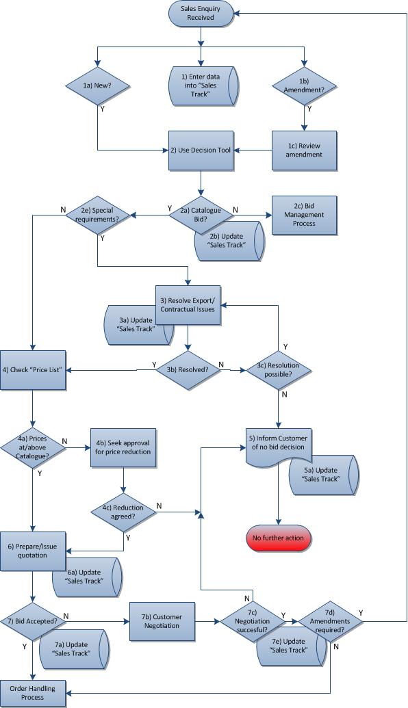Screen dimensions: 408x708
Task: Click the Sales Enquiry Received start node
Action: coord(201,13)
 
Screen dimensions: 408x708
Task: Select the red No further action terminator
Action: coord(279,538)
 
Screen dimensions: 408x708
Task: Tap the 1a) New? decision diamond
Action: coord(98,86)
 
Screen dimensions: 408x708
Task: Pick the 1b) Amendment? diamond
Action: coord(304,86)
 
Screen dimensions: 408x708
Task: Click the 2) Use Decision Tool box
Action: coord(201,150)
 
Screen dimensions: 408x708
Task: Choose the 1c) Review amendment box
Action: coord(304,150)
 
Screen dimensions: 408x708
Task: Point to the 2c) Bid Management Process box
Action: coord(304,215)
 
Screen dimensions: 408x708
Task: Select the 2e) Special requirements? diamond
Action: coord(98,215)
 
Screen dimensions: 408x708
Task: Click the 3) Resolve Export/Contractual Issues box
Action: coord(188,305)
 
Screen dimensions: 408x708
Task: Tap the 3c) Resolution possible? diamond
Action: coord(279,370)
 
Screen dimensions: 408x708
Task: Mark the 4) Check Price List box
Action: coord(33,370)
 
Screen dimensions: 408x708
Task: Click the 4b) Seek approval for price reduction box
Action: coord(123,447)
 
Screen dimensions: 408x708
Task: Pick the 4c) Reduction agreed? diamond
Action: coord(123,512)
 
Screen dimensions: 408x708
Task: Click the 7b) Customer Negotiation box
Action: coord(162,621)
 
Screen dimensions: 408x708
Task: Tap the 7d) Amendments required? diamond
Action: coord(330,622)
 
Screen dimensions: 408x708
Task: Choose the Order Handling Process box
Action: coord(33,693)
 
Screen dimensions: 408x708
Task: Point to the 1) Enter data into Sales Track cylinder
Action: coord(203,86)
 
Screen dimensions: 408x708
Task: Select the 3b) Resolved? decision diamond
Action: coord(188,370)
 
